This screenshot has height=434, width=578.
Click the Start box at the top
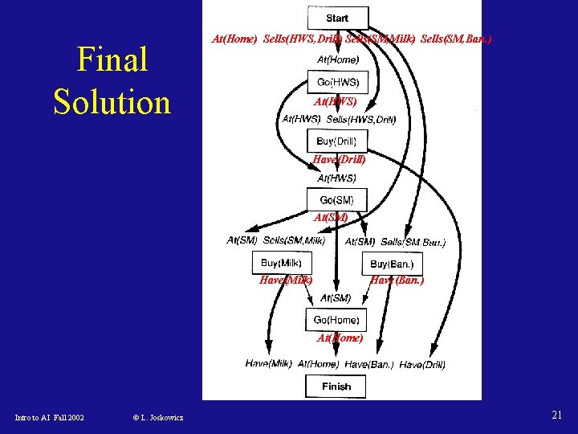(338, 18)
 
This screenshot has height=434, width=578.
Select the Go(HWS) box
(338, 82)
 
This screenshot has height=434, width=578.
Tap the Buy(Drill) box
(336, 141)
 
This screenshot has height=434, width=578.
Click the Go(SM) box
(337, 200)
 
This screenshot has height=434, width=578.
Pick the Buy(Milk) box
(281, 263)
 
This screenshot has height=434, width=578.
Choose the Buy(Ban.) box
(391, 264)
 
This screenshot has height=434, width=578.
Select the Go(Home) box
(336, 320)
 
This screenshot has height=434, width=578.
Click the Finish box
(336, 387)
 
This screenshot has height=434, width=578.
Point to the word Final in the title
(112, 59)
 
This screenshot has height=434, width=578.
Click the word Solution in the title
(112, 102)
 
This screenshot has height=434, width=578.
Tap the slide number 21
(556, 415)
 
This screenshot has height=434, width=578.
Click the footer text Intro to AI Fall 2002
(50, 417)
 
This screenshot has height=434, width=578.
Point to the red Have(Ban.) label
(397, 280)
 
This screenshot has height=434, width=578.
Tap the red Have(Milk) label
(286, 280)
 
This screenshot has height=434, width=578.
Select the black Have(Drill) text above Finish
(422, 364)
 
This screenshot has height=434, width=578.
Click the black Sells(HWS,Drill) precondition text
(361, 120)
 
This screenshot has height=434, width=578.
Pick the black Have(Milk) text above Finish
(268, 364)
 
